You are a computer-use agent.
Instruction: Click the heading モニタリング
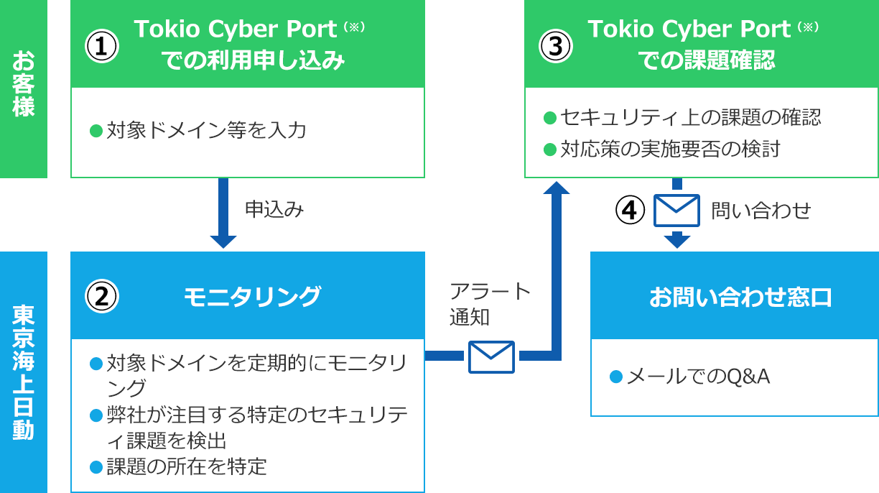(x=252, y=296)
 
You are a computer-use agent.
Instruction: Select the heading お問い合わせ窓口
(x=740, y=297)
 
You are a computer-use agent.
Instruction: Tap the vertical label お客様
(x=23, y=83)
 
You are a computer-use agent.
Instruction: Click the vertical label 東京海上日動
(x=23, y=372)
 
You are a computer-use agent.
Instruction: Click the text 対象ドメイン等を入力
(x=206, y=131)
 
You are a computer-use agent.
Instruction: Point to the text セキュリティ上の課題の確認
(x=690, y=117)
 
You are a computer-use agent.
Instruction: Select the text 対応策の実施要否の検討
(x=669, y=149)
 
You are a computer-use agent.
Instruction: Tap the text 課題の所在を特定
(x=186, y=467)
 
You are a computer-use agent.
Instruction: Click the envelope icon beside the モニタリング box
(x=492, y=356)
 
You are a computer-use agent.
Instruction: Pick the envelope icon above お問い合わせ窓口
(x=676, y=210)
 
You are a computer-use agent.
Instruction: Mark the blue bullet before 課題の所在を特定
(x=96, y=468)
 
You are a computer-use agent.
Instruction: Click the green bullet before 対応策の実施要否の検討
(x=550, y=149)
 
